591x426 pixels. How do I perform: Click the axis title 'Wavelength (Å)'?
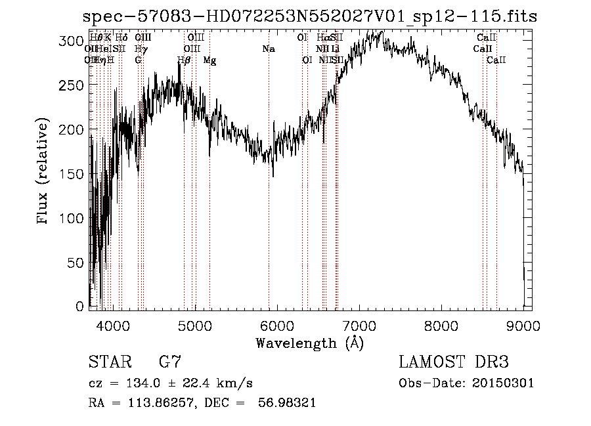[309, 343]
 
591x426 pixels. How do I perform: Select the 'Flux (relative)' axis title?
[44, 172]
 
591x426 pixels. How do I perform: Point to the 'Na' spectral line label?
[269, 49]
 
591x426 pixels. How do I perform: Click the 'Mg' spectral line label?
[209, 60]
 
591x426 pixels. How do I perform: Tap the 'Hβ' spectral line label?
[184, 60]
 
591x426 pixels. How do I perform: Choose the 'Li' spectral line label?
[335, 49]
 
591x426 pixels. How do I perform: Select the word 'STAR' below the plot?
[109, 362]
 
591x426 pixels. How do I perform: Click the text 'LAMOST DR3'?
[454, 362]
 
